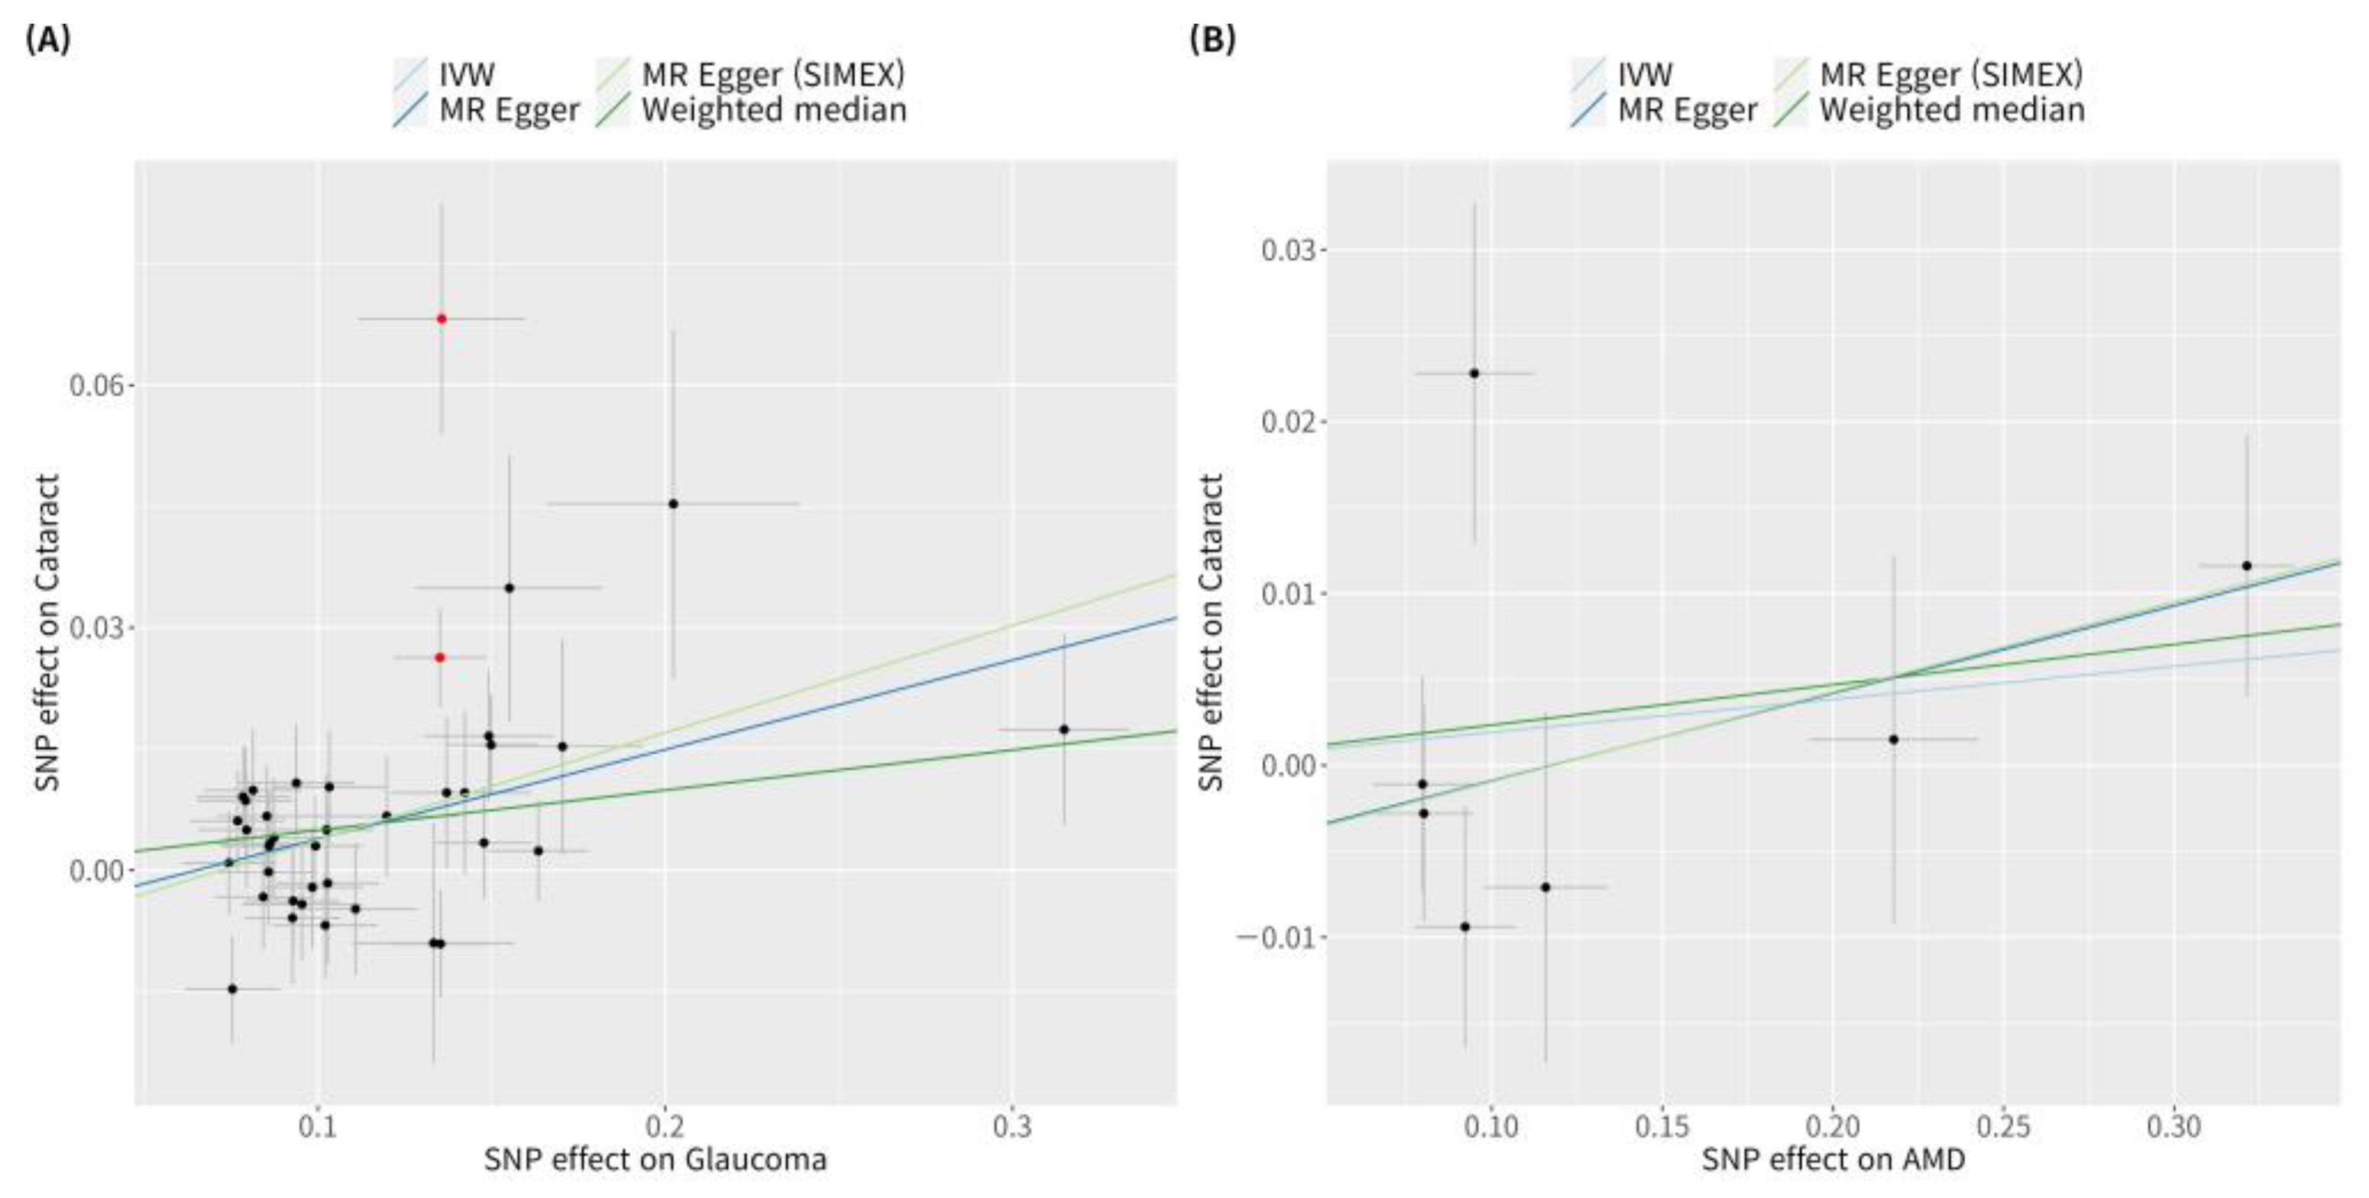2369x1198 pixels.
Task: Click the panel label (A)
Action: tap(49, 40)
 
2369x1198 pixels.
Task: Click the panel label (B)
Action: tap(1213, 40)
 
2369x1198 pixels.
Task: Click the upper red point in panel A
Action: tap(442, 319)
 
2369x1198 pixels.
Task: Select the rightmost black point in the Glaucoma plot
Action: tap(1064, 729)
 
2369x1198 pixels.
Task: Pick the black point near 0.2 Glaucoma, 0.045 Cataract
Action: tap(673, 503)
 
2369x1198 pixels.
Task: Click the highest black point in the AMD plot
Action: tap(1474, 374)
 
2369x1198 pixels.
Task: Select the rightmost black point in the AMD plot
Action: tap(2247, 565)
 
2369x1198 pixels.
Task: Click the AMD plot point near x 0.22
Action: tap(1894, 740)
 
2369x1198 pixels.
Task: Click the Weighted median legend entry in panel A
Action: tap(772, 109)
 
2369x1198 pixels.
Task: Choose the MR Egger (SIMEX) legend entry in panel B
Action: tap(1950, 73)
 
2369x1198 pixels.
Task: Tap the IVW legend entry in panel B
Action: tap(1644, 73)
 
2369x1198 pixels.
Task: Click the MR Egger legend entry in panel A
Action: tap(509, 109)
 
